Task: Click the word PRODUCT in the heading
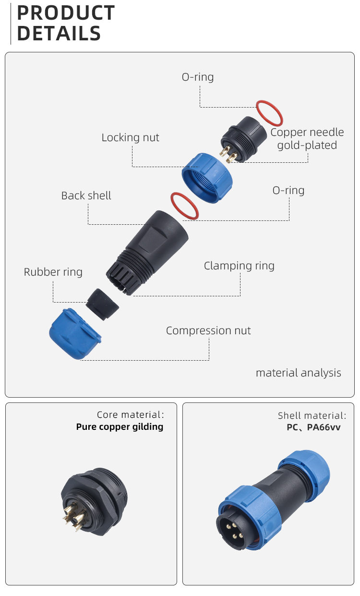pos(66,13)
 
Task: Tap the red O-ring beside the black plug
pos(269,113)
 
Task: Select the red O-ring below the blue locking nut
pos(185,206)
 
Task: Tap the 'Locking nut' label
pos(130,138)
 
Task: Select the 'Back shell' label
pos(86,196)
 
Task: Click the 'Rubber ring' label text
pos(53,272)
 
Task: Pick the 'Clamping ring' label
pos(239,266)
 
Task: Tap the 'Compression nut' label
pos(208,331)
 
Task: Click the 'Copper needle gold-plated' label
pos(307,139)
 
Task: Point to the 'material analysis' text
pos(298,373)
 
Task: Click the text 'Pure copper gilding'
pos(120,427)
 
